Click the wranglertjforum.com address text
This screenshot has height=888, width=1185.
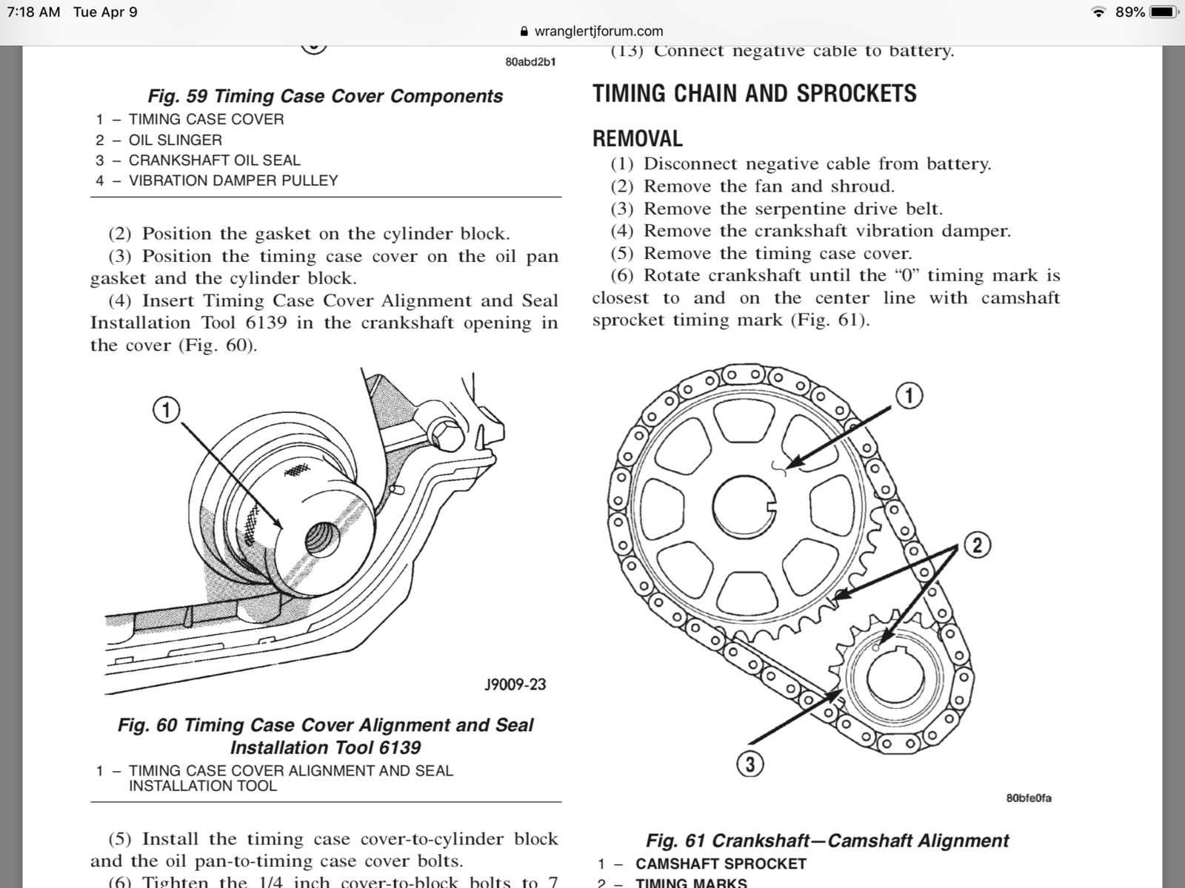click(x=598, y=31)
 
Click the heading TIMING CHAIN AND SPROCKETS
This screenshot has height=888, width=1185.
click(x=754, y=93)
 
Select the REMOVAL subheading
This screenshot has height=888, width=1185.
click(x=637, y=138)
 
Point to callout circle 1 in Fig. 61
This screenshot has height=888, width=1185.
click(x=909, y=395)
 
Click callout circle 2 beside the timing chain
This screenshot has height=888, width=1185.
click(x=977, y=546)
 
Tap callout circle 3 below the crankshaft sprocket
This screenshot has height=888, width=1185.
click(x=750, y=764)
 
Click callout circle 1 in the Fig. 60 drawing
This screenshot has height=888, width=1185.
click(x=167, y=409)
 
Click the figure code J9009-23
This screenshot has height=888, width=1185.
click(x=515, y=684)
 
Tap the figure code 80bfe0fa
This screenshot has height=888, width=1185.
click(x=1029, y=798)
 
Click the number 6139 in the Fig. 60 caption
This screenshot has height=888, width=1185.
click(x=400, y=747)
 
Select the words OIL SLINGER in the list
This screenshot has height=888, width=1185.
click(x=175, y=140)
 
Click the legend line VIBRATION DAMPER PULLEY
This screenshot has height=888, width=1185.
click(x=233, y=181)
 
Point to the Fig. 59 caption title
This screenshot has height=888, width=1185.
click(x=325, y=96)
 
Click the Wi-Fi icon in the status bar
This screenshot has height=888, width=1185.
click(x=1099, y=12)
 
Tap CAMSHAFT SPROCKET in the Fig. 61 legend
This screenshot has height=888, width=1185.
click(x=721, y=864)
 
